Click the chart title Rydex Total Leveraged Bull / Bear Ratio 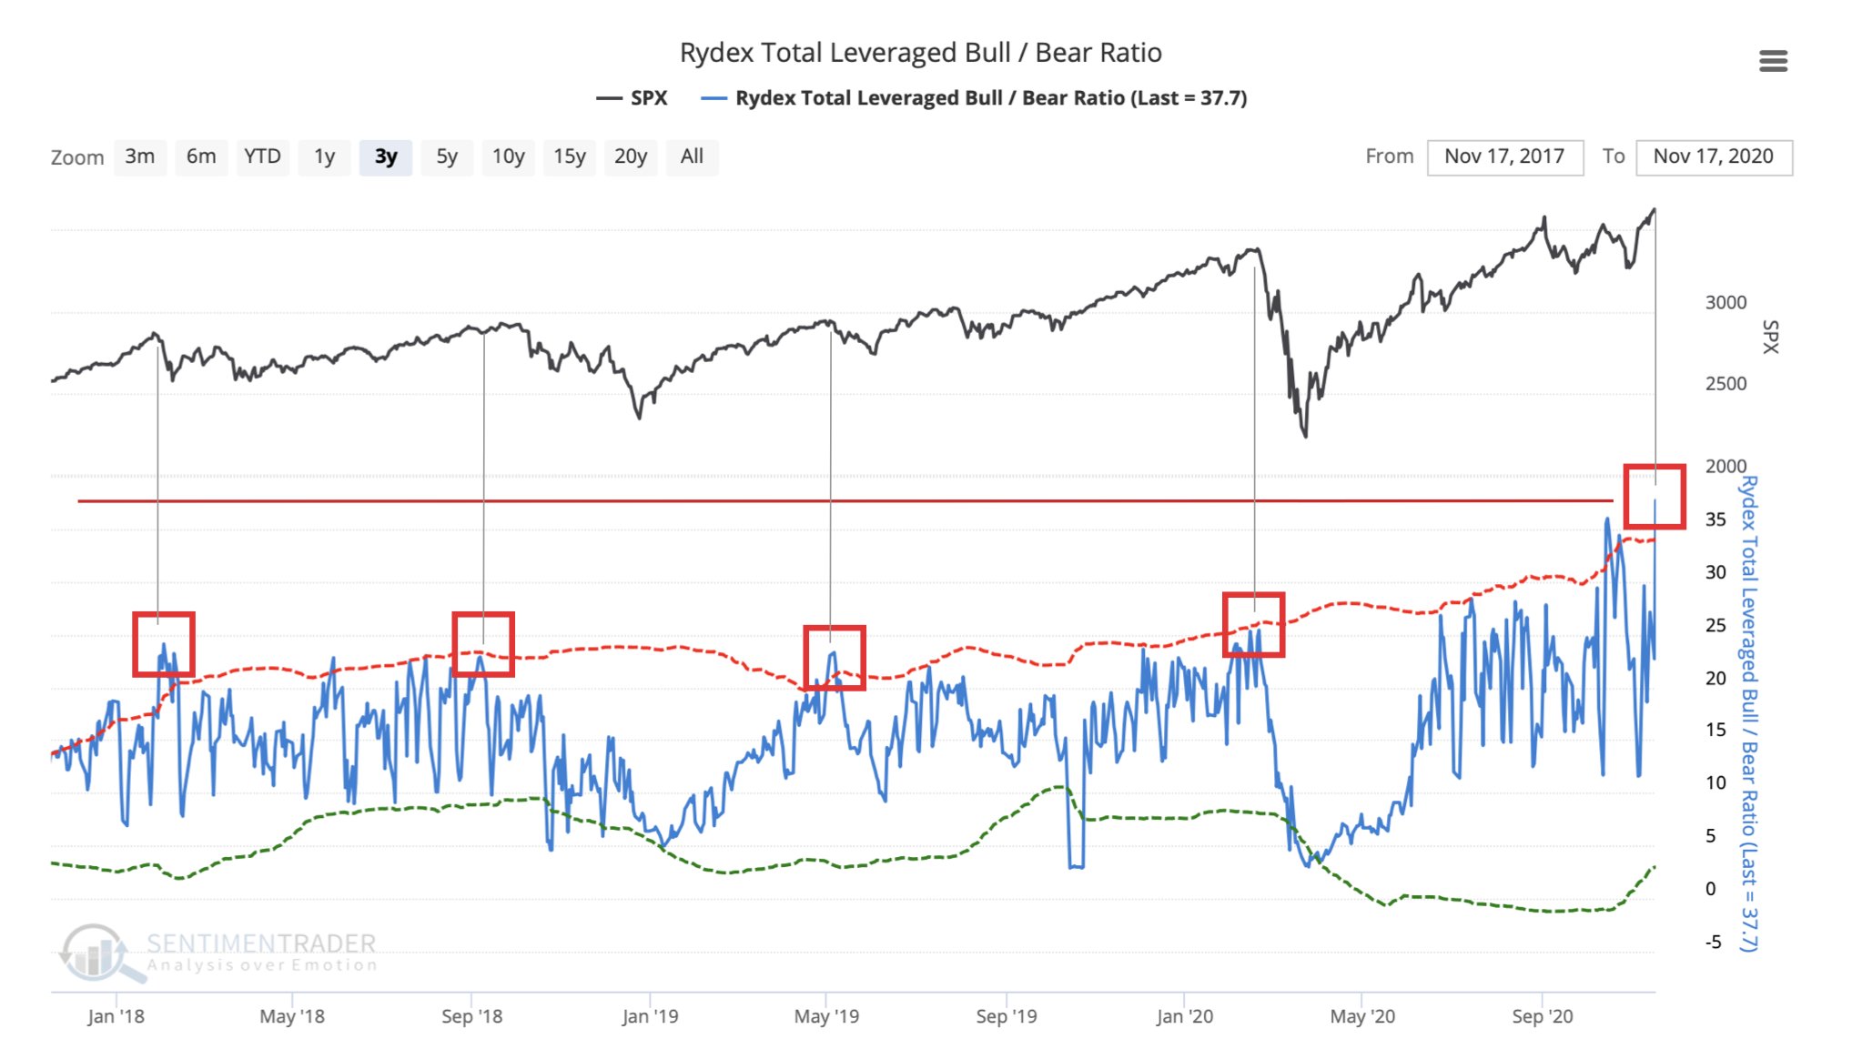click(920, 53)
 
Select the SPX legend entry click(632, 98)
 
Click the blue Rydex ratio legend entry click(974, 98)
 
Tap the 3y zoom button click(386, 156)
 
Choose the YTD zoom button click(262, 156)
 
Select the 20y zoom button click(630, 156)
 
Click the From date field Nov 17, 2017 click(1504, 156)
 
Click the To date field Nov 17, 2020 click(1713, 156)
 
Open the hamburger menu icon click(1773, 61)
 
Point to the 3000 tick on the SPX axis click(1725, 303)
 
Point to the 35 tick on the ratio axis click(1715, 519)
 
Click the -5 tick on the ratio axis click(1714, 942)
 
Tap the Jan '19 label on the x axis click(650, 1016)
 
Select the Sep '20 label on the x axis click(1542, 1016)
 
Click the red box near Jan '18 click(164, 644)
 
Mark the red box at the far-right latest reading click(1655, 496)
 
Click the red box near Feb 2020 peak click(1253, 624)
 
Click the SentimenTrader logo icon click(96, 953)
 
